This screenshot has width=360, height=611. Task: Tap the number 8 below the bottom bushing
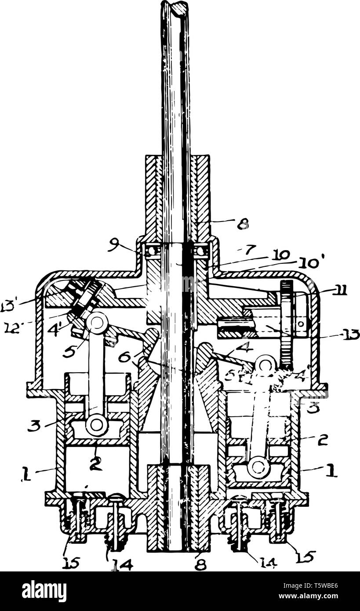[x=200, y=564]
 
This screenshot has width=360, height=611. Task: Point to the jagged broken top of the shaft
[x=175, y=7]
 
